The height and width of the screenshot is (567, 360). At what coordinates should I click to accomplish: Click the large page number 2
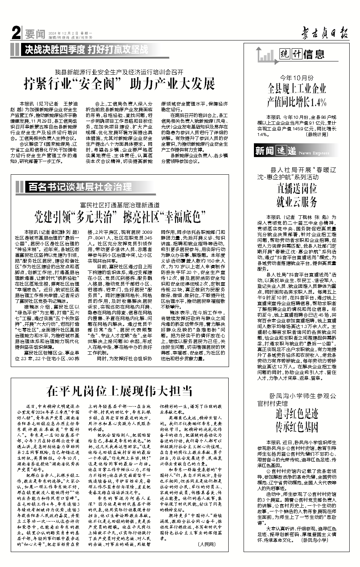coord(16,34)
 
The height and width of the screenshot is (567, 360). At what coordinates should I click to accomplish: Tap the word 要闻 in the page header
coord(35,34)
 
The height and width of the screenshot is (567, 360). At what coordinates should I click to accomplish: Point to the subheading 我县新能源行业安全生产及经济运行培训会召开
coord(119,72)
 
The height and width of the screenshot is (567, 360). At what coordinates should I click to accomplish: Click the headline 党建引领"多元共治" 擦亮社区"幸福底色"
coord(119,217)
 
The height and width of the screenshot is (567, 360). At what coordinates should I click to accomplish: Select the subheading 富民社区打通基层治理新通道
coord(119,205)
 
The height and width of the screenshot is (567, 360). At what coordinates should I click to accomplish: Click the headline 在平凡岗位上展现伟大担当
coord(119,391)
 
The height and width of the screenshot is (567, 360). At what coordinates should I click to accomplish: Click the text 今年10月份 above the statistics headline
coord(297,78)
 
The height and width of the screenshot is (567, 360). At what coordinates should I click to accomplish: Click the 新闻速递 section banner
coord(276,151)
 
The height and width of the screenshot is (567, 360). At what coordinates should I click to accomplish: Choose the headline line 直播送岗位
coord(297,188)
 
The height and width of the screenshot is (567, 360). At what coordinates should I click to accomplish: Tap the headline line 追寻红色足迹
coord(297,414)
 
